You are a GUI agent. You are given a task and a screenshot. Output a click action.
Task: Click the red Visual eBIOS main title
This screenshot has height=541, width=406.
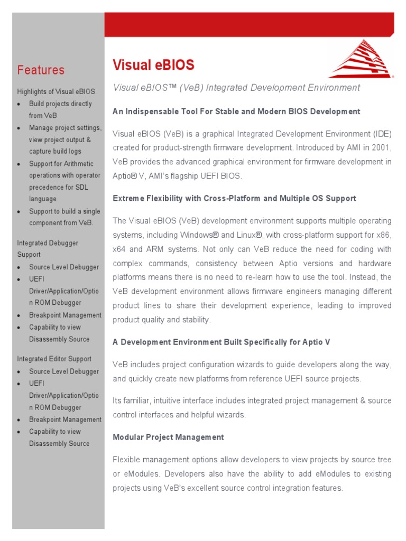(153, 65)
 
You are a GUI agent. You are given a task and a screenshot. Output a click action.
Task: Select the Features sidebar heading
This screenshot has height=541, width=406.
(41, 70)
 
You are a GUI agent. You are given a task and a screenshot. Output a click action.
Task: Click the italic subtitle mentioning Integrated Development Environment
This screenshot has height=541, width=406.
(236, 88)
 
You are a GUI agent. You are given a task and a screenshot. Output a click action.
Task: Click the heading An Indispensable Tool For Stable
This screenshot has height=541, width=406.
(236, 111)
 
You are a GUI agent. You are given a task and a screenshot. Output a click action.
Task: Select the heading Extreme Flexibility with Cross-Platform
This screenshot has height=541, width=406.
(234, 199)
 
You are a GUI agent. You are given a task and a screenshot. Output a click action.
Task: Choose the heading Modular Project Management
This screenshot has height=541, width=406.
(168, 437)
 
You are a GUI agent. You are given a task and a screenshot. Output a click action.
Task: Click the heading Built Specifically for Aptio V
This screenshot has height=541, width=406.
(222, 342)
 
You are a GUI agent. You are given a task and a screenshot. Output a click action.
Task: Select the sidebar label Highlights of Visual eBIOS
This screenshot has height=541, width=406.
(56, 92)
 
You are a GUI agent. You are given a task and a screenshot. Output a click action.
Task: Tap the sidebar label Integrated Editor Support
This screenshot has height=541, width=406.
(54, 359)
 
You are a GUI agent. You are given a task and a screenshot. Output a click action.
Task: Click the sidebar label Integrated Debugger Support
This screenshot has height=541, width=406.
(48, 249)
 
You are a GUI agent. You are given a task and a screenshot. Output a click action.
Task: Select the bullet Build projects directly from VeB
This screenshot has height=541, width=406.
(60, 109)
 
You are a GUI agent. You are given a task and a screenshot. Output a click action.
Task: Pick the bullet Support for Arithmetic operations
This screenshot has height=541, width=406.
(64, 181)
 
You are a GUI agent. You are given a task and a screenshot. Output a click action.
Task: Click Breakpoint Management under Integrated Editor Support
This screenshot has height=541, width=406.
(65, 419)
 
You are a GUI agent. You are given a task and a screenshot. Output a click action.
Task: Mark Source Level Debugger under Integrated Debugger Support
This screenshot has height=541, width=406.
(64, 267)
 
